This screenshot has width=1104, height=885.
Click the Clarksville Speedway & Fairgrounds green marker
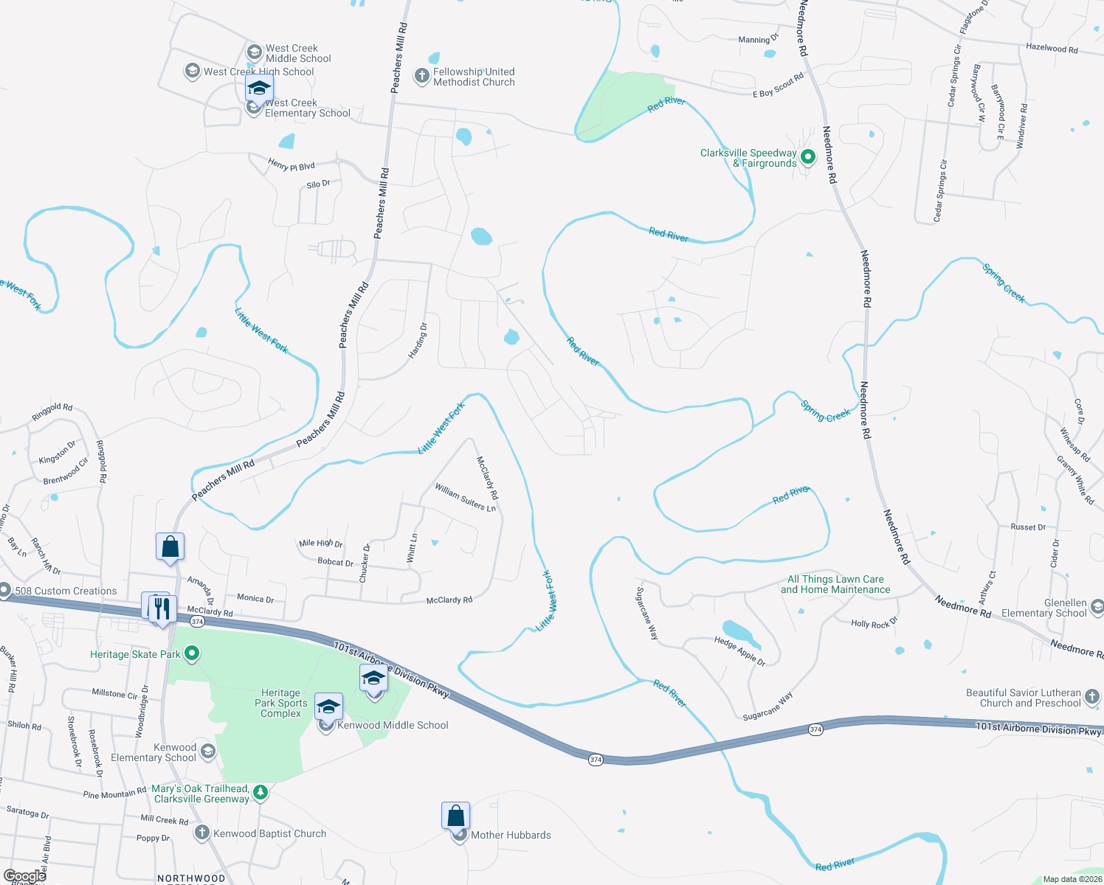click(807, 156)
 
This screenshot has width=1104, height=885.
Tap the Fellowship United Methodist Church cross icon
click(421, 77)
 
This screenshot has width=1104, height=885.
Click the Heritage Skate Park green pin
click(192, 653)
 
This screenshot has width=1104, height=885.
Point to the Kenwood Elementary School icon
click(208, 752)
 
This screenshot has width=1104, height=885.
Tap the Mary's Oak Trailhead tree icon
click(260, 793)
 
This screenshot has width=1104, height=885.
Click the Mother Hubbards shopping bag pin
click(455, 816)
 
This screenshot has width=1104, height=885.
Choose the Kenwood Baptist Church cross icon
click(201, 833)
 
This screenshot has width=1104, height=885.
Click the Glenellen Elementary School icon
click(1097, 607)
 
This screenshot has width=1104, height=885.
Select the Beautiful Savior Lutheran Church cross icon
click(1092, 697)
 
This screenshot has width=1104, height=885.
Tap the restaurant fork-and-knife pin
click(162, 609)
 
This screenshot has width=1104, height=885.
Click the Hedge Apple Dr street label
click(739, 651)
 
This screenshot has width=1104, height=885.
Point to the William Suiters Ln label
click(465, 498)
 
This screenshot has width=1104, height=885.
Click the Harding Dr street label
click(418, 341)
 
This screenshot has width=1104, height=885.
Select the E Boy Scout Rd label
click(778, 86)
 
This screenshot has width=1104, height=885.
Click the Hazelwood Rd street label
click(1052, 49)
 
